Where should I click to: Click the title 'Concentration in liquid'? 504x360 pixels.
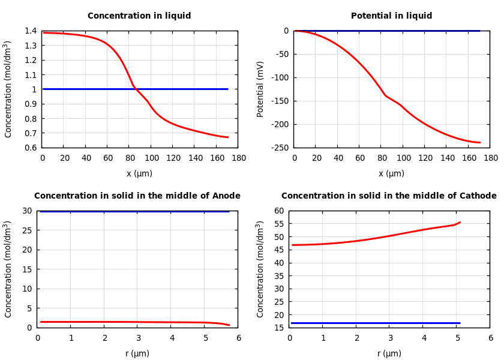click(139, 16)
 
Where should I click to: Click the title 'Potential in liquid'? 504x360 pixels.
click(391, 16)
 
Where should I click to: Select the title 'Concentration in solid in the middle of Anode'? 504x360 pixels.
click(137, 196)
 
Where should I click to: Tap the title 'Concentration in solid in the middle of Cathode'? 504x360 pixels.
click(389, 196)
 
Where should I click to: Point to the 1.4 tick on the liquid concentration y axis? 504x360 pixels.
click(30, 31)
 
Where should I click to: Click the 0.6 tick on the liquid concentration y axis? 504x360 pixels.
click(30, 148)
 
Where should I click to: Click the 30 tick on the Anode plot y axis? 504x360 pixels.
click(26, 211)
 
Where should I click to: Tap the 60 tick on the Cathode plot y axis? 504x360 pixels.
click(278, 211)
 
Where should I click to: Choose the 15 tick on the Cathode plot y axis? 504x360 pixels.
click(278, 328)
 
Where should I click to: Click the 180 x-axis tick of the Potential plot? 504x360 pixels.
click(491, 158)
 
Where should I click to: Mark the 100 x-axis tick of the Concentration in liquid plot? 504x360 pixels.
click(151, 158)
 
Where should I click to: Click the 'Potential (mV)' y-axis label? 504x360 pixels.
click(260, 89)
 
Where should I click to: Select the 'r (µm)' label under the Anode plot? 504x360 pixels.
click(137, 354)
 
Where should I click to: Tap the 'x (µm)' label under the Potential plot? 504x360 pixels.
click(391, 174)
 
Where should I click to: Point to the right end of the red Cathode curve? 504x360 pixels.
click(460, 222)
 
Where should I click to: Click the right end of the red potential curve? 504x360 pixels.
click(480, 143)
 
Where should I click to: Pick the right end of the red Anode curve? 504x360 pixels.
click(229, 325)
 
